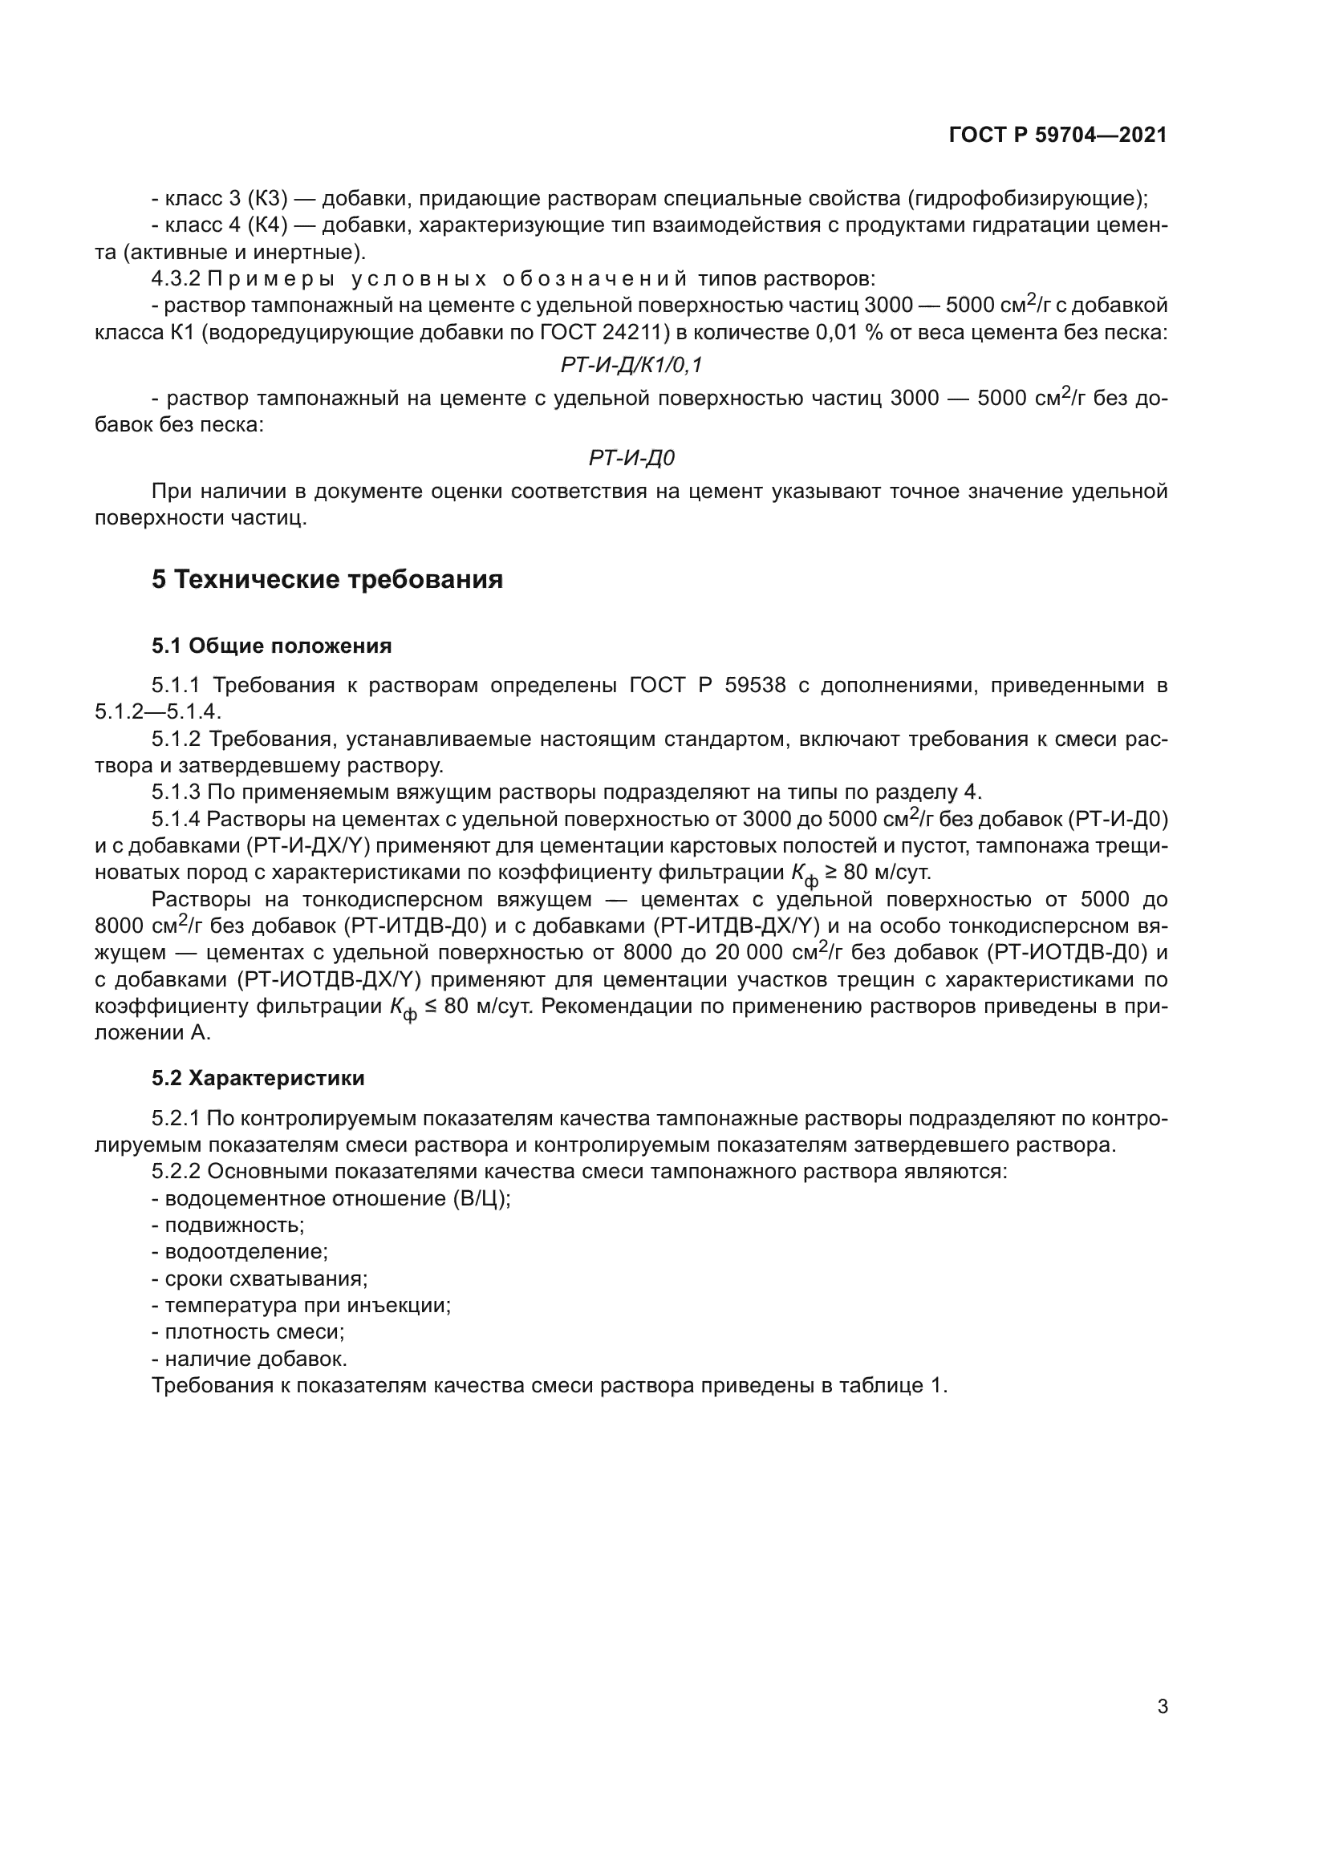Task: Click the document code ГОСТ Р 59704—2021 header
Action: pyautogui.click(x=1057, y=136)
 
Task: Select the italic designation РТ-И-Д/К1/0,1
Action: pyautogui.click(x=631, y=365)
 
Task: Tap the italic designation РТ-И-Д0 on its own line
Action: pyautogui.click(x=631, y=459)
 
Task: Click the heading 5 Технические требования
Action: pyautogui.click(x=327, y=579)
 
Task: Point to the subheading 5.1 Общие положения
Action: pyautogui.click(x=271, y=646)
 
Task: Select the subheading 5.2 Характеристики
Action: pyautogui.click(x=258, y=1078)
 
